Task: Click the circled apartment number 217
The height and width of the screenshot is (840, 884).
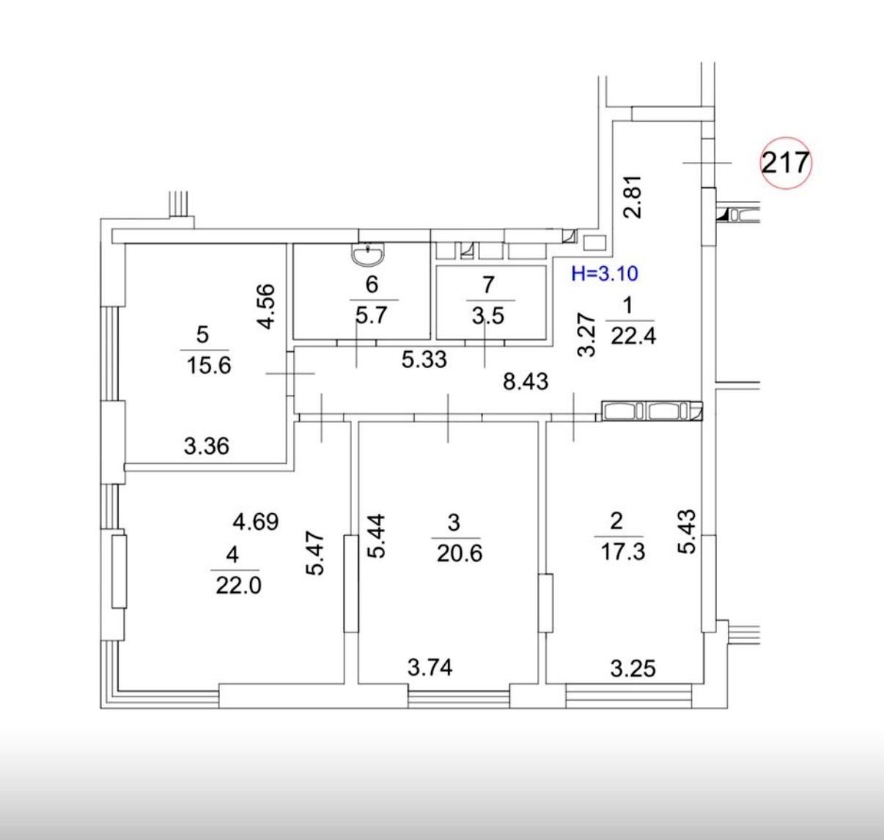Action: point(786,162)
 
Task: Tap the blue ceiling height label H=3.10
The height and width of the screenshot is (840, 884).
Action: point(604,273)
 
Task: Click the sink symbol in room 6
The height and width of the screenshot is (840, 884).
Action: point(368,255)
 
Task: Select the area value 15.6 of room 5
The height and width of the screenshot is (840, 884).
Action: point(209,365)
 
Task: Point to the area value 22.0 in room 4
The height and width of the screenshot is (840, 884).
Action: point(238,586)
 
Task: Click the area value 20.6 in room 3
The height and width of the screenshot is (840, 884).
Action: point(460,553)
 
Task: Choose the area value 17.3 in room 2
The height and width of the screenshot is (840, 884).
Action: point(623,552)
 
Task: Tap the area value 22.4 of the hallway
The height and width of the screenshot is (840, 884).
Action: point(633,336)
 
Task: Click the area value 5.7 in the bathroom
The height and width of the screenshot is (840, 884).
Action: point(371,315)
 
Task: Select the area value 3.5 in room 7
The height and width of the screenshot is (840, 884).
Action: point(488,316)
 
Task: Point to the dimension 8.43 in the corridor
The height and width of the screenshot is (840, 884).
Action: point(526,382)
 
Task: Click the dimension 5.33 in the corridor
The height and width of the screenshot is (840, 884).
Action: point(424,360)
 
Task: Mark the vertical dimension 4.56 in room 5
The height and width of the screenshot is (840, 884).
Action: point(266,306)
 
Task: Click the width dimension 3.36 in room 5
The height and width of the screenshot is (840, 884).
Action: point(207,446)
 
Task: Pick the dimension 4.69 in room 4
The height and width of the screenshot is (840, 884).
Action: point(256,522)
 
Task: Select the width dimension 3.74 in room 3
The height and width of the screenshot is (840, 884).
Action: point(430,667)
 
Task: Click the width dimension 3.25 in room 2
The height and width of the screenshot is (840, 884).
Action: point(633,668)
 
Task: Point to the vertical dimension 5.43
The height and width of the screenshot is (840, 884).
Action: point(688,531)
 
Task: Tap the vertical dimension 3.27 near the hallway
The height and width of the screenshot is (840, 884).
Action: point(587,335)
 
